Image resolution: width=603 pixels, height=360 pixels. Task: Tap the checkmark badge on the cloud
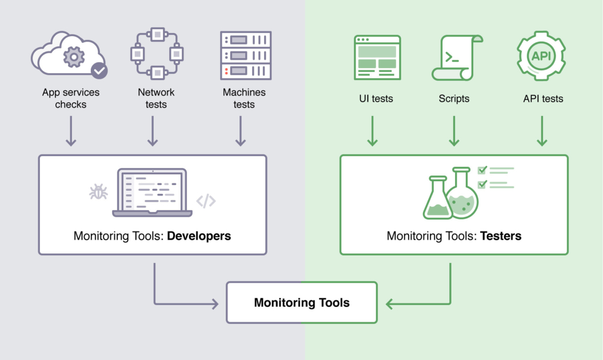click(x=99, y=70)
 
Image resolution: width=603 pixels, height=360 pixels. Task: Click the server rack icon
click(x=246, y=55)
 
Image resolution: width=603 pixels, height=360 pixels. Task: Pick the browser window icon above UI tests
click(x=377, y=57)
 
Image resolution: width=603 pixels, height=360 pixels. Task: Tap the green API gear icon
click(x=541, y=56)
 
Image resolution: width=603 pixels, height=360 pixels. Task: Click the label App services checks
click(x=71, y=98)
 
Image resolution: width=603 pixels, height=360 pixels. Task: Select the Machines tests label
click(x=244, y=98)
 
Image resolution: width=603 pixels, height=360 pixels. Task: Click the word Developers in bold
click(x=199, y=235)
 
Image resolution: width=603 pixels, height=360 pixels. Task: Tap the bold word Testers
click(x=501, y=235)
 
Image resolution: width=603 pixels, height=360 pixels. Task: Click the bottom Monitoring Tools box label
click(x=302, y=303)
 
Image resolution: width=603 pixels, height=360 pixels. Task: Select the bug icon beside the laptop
click(x=98, y=192)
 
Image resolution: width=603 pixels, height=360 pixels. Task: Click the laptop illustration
click(x=152, y=193)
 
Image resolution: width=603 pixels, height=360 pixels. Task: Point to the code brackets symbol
click(x=206, y=201)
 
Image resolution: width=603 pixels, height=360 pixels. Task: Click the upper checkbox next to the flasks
click(x=482, y=170)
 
